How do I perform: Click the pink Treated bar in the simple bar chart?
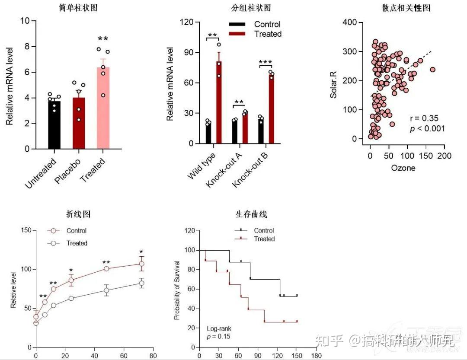[x=103, y=108]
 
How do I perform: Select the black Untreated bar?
[x=54, y=125]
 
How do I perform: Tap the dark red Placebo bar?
[x=79, y=123]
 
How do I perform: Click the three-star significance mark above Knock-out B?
[x=265, y=63]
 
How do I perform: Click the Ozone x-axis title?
[x=403, y=168]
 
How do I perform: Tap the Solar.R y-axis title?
[x=333, y=82]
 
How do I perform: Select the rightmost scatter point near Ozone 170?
[x=432, y=69]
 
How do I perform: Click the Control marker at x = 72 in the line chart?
[x=141, y=264]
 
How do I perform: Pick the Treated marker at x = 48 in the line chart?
[x=106, y=290]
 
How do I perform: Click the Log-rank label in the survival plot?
[x=219, y=328]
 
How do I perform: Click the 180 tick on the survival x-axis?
[x=316, y=356]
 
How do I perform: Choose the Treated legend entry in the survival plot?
[x=264, y=239]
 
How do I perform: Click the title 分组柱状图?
[x=245, y=8]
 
